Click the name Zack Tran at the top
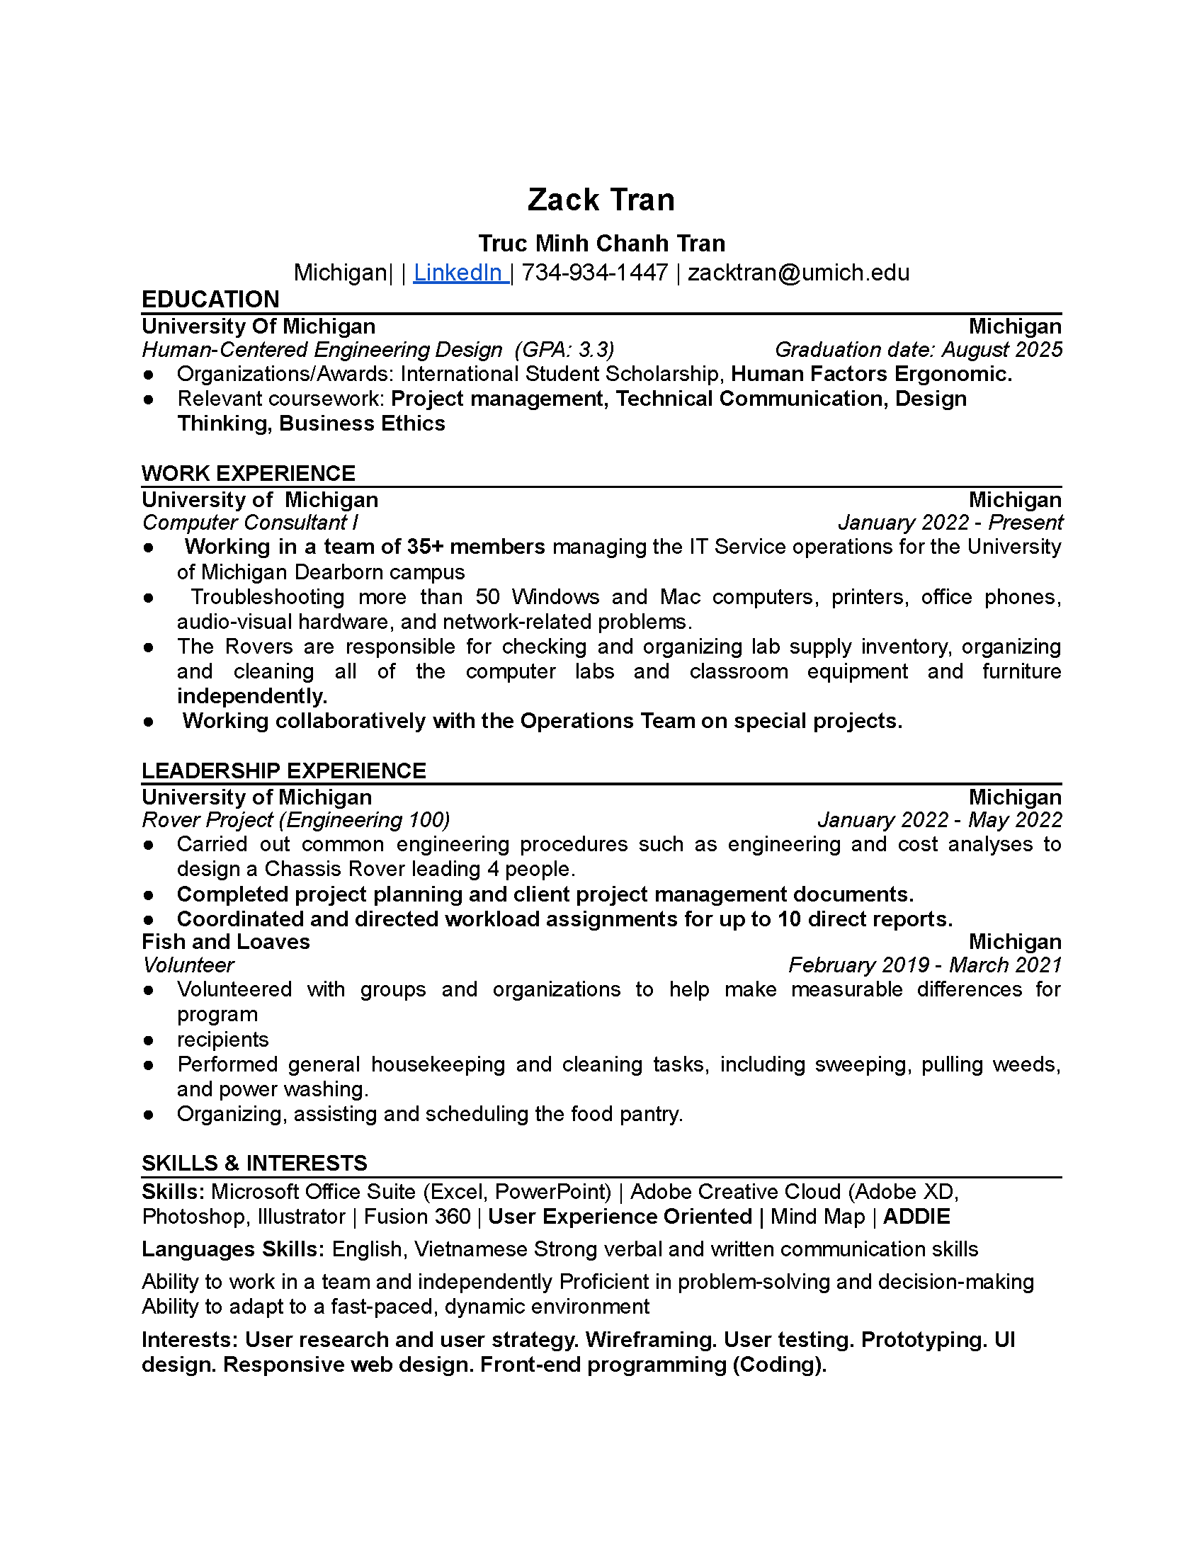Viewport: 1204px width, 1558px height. (x=601, y=200)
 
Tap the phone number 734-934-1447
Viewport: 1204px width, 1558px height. (x=595, y=273)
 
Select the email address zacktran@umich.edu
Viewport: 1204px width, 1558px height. (x=798, y=273)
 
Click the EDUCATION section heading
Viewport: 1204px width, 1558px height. (x=210, y=300)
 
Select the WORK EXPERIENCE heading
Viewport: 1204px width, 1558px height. (x=248, y=473)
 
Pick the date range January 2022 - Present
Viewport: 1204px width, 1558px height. (x=950, y=522)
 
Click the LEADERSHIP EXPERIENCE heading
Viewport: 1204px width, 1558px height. (x=283, y=771)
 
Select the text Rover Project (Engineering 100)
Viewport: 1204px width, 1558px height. (x=296, y=819)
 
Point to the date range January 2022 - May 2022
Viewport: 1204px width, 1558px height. (x=939, y=819)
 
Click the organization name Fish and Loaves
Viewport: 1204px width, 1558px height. (x=225, y=942)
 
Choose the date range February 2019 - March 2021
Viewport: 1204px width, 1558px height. (x=924, y=965)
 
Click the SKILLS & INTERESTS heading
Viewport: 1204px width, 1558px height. (x=254, y=1164)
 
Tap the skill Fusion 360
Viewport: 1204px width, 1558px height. (x=417, y=1216)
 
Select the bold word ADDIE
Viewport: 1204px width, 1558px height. (x=916, y=1216)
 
